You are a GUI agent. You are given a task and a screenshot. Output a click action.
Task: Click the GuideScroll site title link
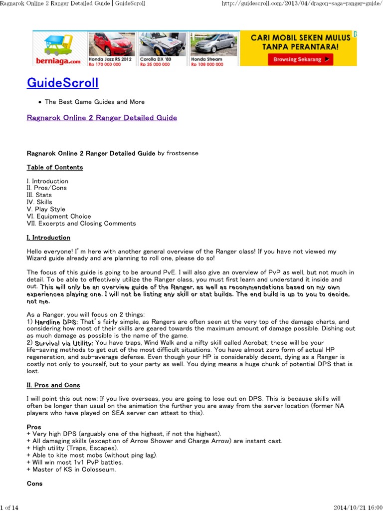click(62, 82)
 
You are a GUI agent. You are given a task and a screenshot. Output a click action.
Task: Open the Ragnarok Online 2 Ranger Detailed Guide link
click(102, 118)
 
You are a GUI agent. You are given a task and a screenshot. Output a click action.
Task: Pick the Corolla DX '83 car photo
click(162, 45)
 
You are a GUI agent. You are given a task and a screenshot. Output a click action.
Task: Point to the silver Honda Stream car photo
click(213, 45)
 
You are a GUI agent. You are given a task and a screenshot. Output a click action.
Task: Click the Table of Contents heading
click(55, 167)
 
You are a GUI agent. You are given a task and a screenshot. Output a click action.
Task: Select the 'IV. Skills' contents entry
click(39, 202)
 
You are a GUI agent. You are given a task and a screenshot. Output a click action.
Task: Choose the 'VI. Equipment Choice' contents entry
click(59, 216)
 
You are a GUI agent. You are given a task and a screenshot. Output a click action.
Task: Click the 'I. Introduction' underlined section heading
click(48, 238)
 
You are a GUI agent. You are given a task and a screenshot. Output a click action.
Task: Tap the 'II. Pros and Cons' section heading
click(53, 385)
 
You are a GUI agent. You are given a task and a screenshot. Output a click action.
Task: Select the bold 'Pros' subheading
click(34, 427)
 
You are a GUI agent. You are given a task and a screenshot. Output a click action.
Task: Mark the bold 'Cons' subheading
click(34, 484)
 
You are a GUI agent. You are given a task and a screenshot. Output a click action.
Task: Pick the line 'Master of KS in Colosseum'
click(72, 469)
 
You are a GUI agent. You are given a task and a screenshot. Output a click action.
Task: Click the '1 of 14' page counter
click(9, 507)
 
